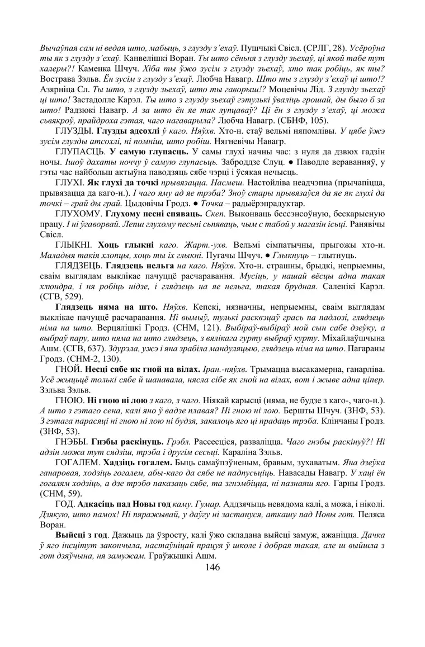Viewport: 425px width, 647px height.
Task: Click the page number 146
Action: pos(212,567)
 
